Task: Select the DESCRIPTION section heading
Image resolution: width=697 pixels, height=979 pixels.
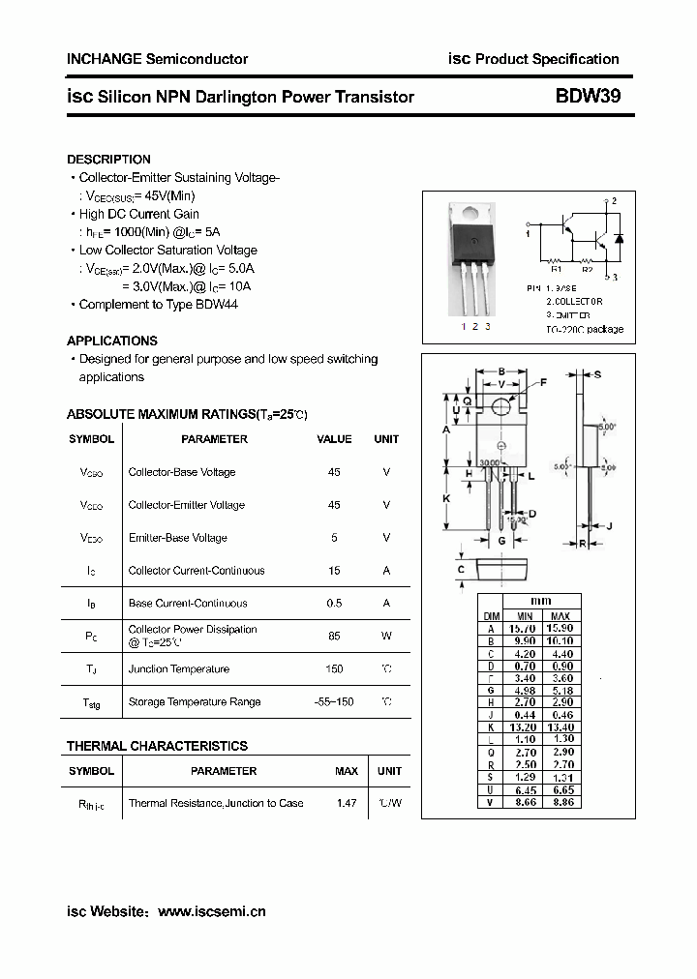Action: tap(108, 160)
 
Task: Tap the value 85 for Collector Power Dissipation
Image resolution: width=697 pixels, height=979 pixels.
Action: tap(334, 636)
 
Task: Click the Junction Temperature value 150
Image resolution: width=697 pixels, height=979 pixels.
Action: tap(334, 668)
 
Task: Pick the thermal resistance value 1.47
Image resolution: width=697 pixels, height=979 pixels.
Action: tap(346, 802)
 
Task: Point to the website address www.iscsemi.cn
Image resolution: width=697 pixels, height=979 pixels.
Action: tap(211, 911)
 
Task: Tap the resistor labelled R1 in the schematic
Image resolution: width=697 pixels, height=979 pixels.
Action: tap(556, 260)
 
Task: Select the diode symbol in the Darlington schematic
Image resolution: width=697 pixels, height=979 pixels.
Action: tap(619, 237)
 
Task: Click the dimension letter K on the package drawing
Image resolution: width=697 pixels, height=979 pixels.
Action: tap(447, 497)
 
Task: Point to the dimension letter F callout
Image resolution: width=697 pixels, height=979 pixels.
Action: tap(543, 383)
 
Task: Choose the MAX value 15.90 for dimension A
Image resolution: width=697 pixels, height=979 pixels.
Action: tap(560, 628)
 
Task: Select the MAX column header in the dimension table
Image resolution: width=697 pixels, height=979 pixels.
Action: tap(560, 615)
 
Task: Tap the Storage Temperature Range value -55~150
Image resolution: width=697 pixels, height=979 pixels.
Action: tap(334, 701)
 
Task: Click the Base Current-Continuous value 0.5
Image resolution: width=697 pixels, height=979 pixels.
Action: tap(334, 603)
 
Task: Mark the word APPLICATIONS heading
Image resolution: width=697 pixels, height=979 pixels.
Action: tap(111, 341)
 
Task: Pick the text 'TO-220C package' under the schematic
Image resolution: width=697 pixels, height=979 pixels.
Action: tap(584, 329)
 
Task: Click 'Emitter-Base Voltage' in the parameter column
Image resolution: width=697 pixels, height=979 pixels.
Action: tap(178, 538)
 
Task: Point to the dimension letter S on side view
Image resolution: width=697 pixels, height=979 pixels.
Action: tap(597, 374)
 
